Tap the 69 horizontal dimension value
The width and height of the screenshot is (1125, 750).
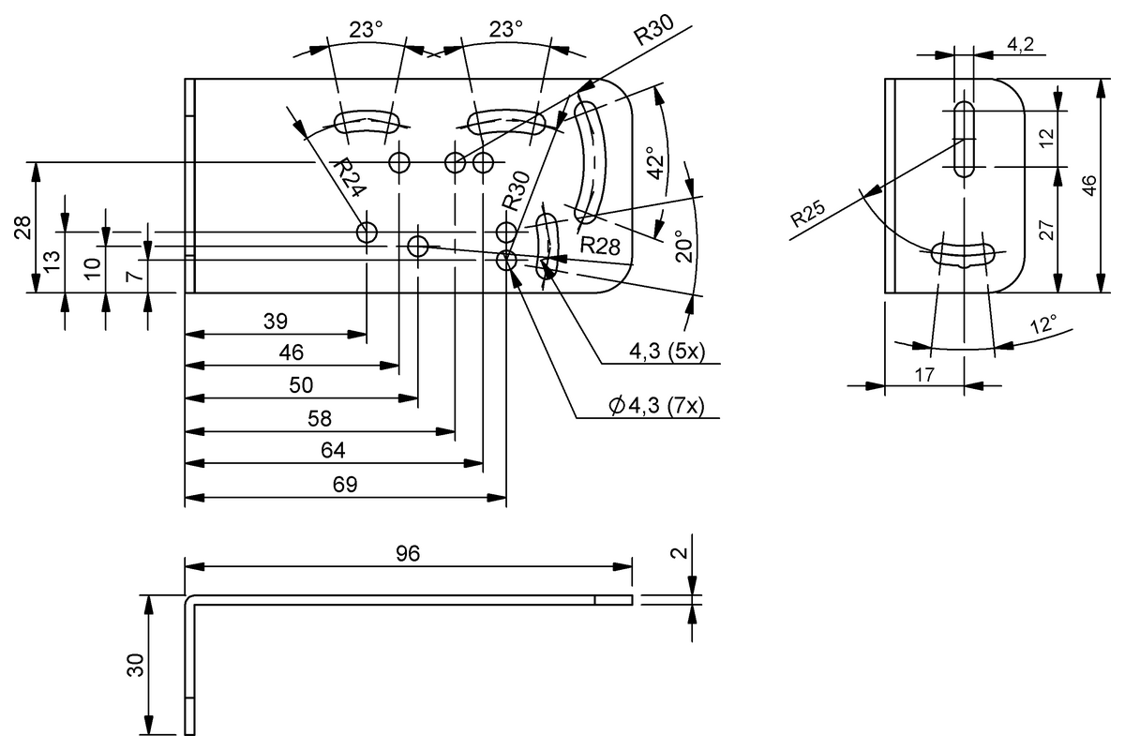click(x=344, y=484)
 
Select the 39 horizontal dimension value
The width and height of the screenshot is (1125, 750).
click(x=275, y=321)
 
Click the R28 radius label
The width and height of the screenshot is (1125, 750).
click(x=600, y=246)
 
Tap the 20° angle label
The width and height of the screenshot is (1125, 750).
click(x=683, y=246)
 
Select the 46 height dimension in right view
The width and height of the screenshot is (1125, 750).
click(x=1088, y=185)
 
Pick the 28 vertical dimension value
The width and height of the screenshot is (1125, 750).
click(x=23, y=228)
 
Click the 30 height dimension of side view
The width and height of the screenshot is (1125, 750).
click(x=135, y=666)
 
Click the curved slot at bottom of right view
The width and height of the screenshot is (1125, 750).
click(x=963, y=254)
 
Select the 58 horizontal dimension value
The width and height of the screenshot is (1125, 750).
click(x=319, y=418)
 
